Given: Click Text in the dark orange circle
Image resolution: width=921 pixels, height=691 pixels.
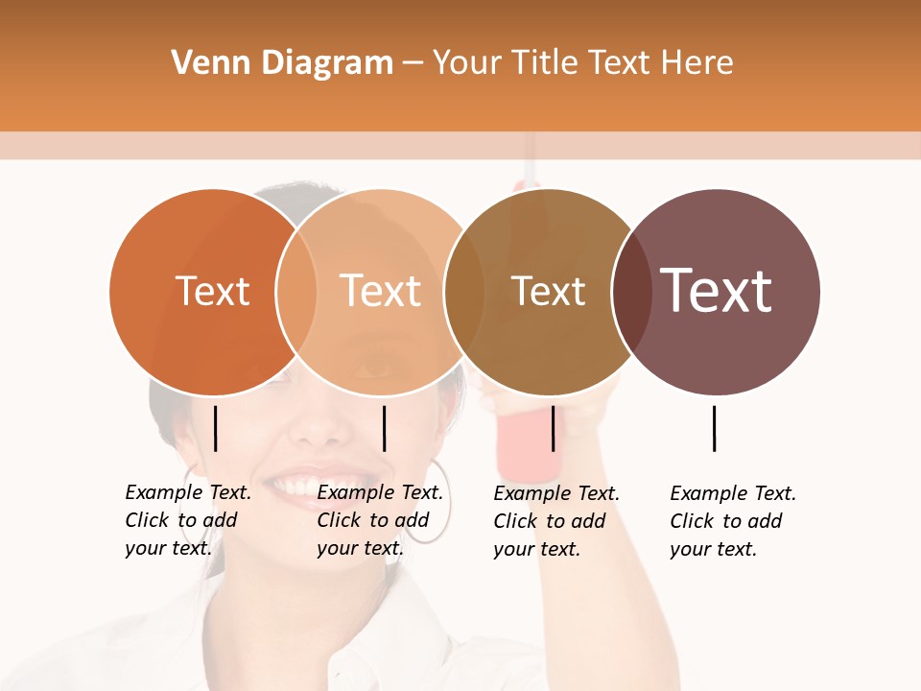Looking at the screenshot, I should pos(212,291).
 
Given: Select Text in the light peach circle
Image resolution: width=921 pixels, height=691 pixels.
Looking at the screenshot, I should pos(380,291).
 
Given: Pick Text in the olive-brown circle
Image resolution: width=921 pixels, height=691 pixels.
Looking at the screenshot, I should pos(548,292).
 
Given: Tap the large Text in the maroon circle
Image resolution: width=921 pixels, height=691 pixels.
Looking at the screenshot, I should pos(717,291).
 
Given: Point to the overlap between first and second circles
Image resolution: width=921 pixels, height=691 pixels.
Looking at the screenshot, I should pos(296,292).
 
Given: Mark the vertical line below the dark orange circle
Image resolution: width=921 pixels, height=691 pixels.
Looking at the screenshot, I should pos(216,428).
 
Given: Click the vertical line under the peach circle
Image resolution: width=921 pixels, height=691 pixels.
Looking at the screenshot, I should pos(384,428).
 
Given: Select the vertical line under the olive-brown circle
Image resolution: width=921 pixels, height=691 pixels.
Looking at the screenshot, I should pos(553,428).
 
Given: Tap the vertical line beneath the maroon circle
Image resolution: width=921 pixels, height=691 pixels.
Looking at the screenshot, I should pos(715,428).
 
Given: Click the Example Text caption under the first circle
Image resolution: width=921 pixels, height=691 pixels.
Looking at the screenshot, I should pos(187,520).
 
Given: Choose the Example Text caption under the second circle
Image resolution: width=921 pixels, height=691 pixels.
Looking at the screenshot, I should pos(379,520).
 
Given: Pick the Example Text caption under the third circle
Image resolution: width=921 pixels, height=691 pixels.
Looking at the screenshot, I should pos(555,521).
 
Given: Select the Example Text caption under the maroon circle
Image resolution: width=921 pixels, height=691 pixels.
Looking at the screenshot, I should pos(732,521).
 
